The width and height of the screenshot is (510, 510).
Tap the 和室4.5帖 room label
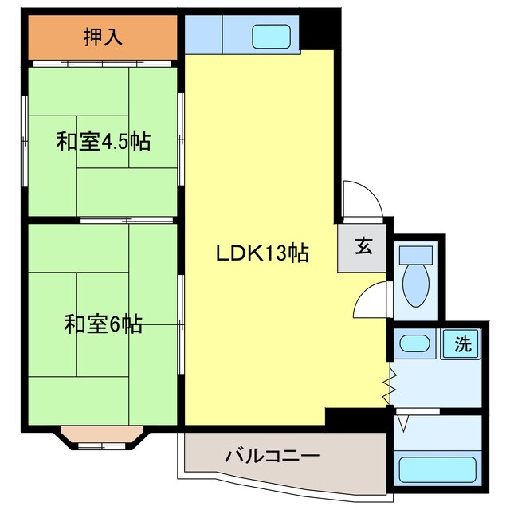click(104, 142)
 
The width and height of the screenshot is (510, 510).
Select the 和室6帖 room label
click(104, 324)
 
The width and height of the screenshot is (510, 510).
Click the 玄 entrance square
click(363, 247)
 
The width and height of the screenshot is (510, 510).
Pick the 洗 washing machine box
click(462, 344)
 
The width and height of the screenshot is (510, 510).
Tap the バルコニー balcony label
click(272, 457)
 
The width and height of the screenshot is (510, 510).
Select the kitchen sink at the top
click(273, 36)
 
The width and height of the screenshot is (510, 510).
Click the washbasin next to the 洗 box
click(415, 344)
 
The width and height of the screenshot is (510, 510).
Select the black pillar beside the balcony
click(357, 418)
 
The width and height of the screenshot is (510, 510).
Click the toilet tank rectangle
click(417, 254)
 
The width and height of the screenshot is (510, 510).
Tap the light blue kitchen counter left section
click(203, 33)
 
